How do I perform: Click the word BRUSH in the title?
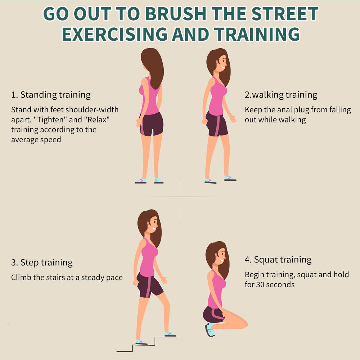(x=176, y=14)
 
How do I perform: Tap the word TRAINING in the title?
(x=257, y=34)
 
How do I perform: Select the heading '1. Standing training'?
(x=51, y=95)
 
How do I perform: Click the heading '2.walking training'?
(x=281, y=95)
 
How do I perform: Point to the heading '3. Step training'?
(x=42, y=262)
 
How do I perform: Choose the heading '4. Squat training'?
(x=278, y=260)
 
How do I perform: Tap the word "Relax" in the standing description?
(x=97, y=120)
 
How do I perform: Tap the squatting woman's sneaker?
(x=210, y=330)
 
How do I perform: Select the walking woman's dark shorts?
(x=216, y=124)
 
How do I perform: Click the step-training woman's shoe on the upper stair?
(x=170, y=334)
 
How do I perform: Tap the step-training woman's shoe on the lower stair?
(x=141, y=342)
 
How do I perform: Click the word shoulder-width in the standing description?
(x=95, y=110)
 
